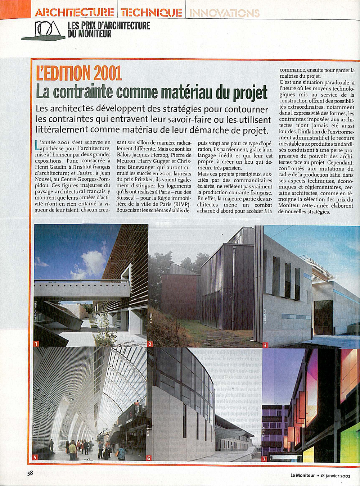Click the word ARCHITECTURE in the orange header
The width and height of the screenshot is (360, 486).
point(75,13)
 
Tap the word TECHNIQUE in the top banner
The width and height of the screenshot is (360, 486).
point(151,13)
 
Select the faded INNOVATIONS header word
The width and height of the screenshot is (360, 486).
point(224,13)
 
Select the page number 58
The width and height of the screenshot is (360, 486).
point(30,473)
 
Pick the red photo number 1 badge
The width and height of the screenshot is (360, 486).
point(36,344)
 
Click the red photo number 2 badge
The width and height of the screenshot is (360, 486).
point(150,344)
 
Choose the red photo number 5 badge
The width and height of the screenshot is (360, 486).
point(35,458)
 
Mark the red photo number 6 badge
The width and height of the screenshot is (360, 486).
point(149,458)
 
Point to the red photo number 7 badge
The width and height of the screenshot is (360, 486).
point(264,459)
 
